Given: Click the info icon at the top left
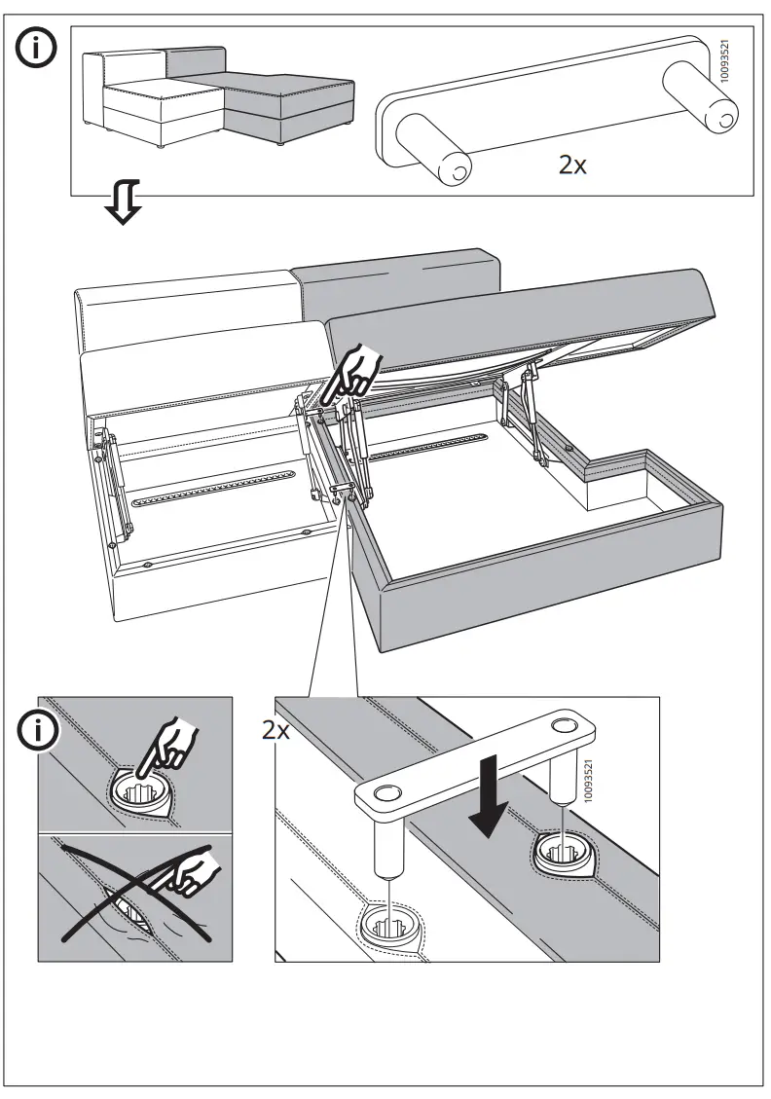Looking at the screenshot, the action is coord(36,47).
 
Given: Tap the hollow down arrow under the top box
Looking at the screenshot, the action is coord(125,201).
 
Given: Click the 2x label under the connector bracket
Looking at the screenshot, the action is coord(572,165).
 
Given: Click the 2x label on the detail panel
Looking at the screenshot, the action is coord(275,731).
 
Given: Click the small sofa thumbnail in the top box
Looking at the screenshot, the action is coord(219,97).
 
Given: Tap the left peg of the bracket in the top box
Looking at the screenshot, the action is coord(433,151).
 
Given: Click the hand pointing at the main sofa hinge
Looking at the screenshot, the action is coord(358,371).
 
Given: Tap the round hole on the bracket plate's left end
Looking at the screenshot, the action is coord(385,793).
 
